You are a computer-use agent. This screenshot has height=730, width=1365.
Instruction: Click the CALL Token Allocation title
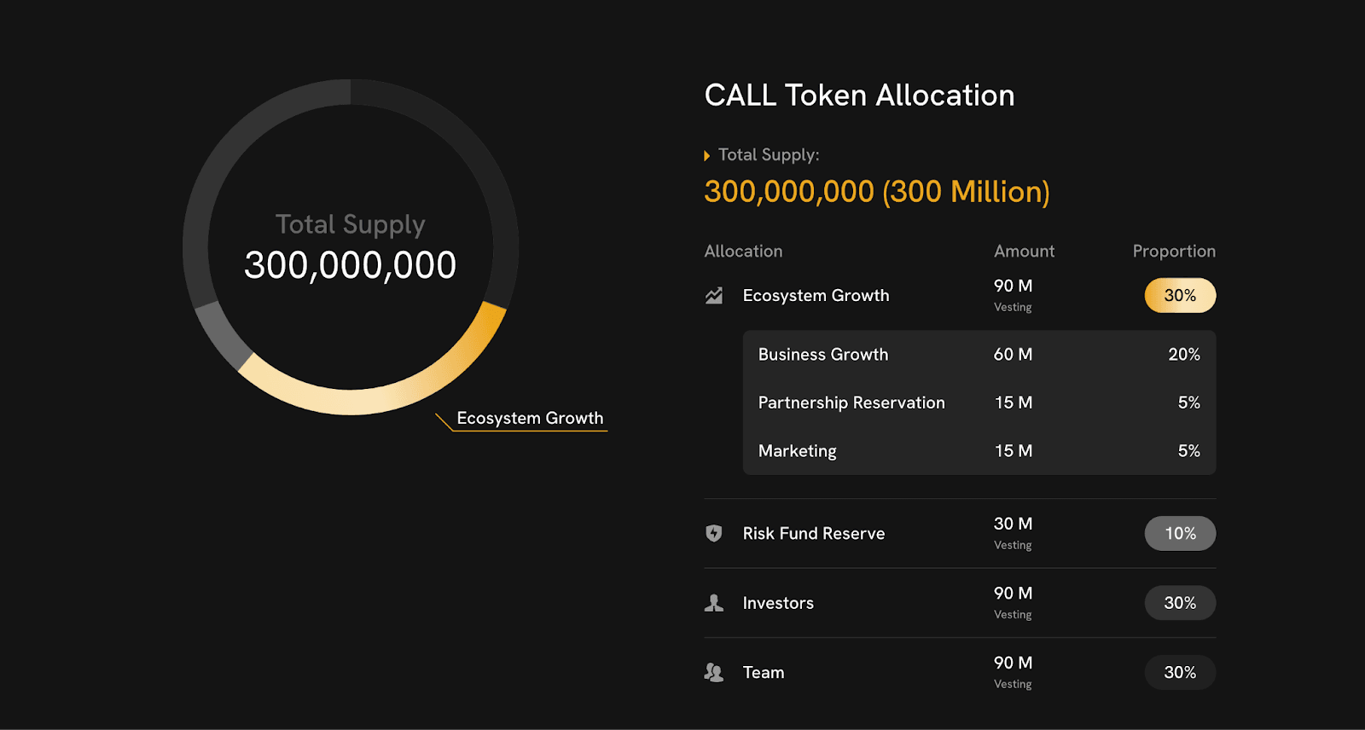tap(859, 96)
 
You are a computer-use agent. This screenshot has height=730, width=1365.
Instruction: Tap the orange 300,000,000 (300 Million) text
tap(876, 192)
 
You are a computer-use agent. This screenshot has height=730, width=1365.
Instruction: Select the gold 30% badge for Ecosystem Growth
tap(1180, 296)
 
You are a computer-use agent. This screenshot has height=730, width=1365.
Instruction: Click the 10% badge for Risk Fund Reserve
tap(1180, 534)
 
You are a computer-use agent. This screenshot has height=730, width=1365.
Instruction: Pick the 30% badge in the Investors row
tap(1180, 603)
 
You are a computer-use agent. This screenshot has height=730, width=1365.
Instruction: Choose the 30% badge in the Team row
tap(1180, 673)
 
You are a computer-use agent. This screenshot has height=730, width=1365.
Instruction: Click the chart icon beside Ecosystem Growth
tap(714, 296)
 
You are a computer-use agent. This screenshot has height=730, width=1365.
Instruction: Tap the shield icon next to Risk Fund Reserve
tap(714, 534)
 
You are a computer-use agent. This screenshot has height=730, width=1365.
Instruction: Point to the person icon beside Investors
tap(714, 603)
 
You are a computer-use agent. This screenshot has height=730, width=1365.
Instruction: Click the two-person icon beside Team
tap(714, 673)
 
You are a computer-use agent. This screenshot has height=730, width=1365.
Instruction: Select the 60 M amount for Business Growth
tap(1013, 355)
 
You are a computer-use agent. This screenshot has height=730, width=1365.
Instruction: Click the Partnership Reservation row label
tap(851, 403)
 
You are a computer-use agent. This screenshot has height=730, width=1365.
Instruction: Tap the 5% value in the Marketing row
tap(1188, 451)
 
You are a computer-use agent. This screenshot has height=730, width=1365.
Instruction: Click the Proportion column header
tap(1174, 252)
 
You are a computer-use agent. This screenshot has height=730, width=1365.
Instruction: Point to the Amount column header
tap(1024, 252)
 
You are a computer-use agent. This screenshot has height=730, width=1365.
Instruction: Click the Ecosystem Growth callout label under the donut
tap(530, 419)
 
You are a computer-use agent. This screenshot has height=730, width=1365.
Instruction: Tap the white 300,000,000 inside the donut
tap(350, 265)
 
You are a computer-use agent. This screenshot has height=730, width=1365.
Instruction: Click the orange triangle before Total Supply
tap(706, 156)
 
